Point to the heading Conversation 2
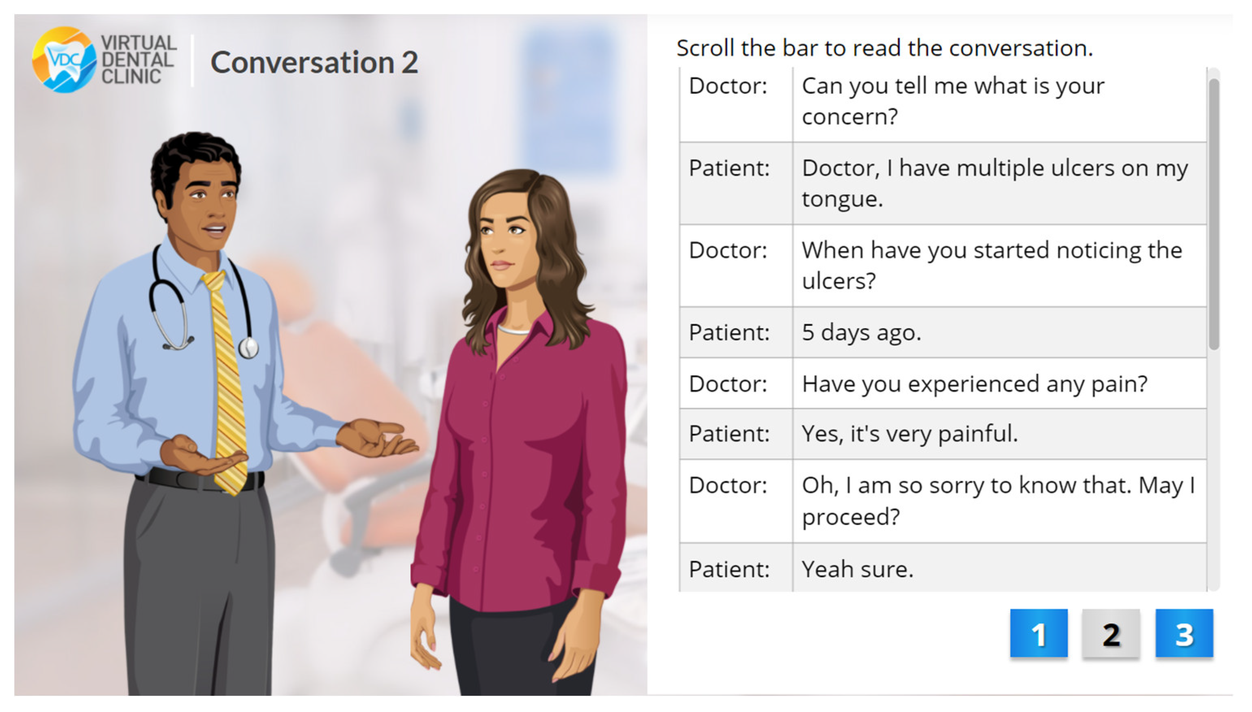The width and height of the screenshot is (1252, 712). pyautogui.click(x=314, y=63)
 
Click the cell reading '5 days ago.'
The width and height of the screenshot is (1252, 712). pyautogui.click(x=861, y=333)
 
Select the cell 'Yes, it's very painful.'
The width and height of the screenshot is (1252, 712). pyautogui.click(x=909, y=433)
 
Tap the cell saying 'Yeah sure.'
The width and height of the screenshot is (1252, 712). pyautogui.click(x=857, y=569)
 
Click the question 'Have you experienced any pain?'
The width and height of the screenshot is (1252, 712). pyautogui.click(x=974, y=383)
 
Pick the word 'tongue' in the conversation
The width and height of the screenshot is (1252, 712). pyautogui.click(x=841, y=199)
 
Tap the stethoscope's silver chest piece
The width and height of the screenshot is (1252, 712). pyautogui.click(x=248, y=348)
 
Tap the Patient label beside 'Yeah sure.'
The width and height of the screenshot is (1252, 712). pyautogui.click(x=729, y=569)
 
